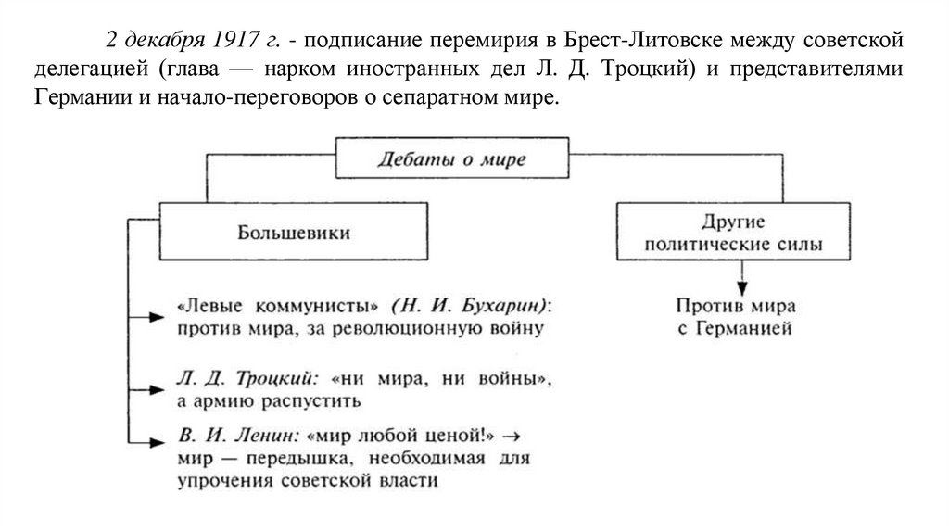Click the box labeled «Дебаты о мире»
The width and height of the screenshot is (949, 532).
click(x=451, y=158)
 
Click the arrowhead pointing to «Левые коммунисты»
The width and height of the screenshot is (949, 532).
click(x=157, y=317)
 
